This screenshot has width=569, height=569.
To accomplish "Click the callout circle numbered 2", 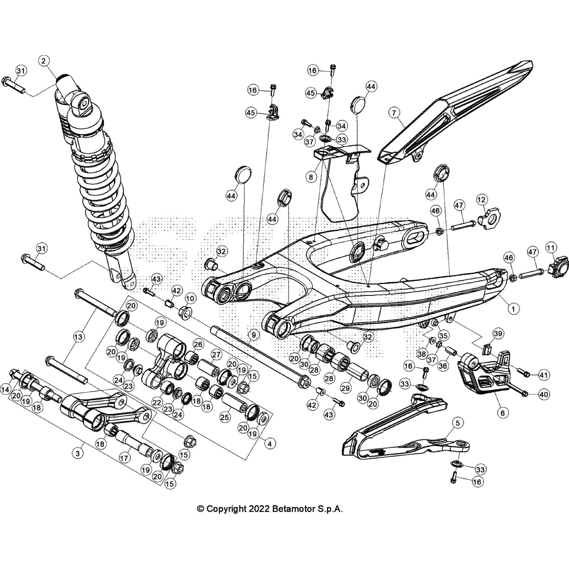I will (43, 61).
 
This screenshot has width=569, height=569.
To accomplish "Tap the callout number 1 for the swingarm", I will (513, 309).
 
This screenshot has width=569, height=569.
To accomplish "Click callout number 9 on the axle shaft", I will (253, 335).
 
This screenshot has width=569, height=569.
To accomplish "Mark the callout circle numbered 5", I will (458, 423).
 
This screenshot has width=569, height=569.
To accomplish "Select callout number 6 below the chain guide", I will (502, 413).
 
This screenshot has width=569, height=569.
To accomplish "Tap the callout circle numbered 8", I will (311, 177).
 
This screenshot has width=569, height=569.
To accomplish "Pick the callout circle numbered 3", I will (78, 453).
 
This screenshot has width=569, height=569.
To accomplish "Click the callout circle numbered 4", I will (270, 443).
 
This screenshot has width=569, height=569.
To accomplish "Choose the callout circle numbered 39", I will (499, 334).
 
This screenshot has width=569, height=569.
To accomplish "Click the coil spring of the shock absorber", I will (103, 192).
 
